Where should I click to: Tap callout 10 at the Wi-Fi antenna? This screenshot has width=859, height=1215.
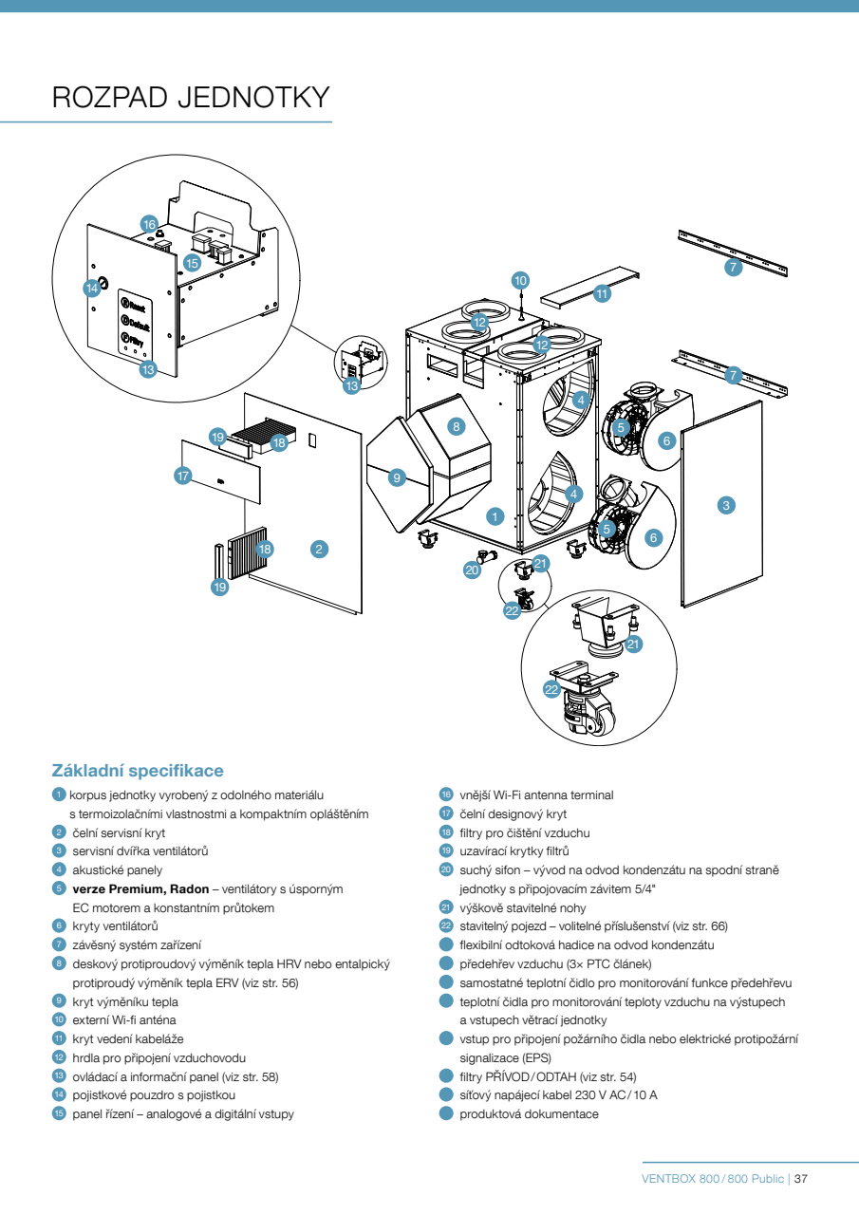tap(520, 280)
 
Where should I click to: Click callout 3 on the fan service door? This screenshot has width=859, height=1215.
tap(726, 505)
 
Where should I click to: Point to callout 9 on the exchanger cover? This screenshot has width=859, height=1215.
tap(398, 478)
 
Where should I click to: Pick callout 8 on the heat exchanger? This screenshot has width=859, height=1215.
tap(457, 426)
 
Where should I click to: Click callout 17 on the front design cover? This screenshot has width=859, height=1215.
tap(183, 476)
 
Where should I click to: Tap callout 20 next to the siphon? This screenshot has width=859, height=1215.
tap(472, 570)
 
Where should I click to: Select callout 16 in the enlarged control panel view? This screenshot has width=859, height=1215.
tap(149, 224)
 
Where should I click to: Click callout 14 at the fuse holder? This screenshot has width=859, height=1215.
tap(92, 287)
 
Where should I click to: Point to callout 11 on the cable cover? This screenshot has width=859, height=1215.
tap(602, 294)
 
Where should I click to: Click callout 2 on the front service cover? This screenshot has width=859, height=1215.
tap(320, 549)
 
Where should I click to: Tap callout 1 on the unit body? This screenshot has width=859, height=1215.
tap(494, 516)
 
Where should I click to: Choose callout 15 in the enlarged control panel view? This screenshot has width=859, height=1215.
tap(192, 263)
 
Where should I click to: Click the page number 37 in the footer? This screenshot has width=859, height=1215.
tap(800, 1179)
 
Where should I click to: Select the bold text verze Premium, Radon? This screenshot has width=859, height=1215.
tap(144, 889)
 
